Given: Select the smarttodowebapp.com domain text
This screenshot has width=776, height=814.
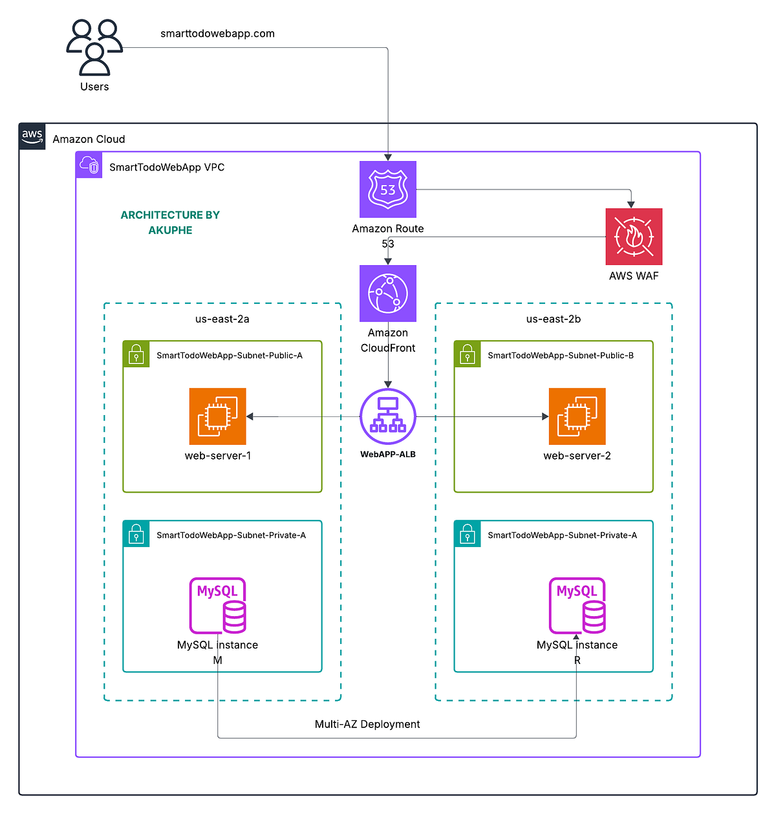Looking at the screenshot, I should pyautogui.click(x=217, y=34).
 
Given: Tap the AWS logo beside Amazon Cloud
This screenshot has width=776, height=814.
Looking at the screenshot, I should pyautogui.click(x=32, y=136).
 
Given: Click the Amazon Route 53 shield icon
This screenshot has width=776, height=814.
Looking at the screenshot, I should pyautogui.click(x=388, y=189).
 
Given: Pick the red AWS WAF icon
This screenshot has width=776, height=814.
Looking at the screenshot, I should pyautogui.click(x=634, y=237).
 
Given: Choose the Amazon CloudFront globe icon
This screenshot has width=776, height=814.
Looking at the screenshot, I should pyautogui.click(x=388, y=293).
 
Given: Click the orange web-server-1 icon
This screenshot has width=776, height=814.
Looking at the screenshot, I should pyautogui.click(x=218, y=416).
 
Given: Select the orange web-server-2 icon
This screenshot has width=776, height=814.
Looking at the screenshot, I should pyautogui.click(x=577, y=416).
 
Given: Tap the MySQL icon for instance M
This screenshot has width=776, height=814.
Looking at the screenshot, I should pyautogui.click(x=218, y=606).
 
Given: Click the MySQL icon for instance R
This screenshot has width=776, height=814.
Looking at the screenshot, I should pyautogui.click(x=577, y=606).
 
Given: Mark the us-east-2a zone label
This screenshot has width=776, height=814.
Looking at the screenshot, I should pyautogui.click(x=222, y=319).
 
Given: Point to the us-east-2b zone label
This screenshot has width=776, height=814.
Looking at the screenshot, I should pyautogui.click(x=554, y=319).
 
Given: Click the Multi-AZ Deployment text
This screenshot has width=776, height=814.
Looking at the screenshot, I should pyautogui.click(x=367, y=724).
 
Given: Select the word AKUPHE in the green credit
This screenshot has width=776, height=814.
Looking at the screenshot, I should pyautogui.click(x=170, y=230).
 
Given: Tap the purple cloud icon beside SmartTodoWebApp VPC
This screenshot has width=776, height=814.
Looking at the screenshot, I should pyautogui.click(x=89, y=166).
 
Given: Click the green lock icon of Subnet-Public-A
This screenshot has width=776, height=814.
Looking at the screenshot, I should pyautogui.click(x=136, y=354).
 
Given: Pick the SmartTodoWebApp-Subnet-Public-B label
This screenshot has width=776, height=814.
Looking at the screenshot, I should pyautogui.click(x=561, y=356).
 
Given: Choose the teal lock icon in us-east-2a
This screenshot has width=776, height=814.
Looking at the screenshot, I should pyautogui.click(x=136, y=534).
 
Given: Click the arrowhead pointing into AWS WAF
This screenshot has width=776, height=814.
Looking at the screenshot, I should pyautogui.click(x=631, y=204).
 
